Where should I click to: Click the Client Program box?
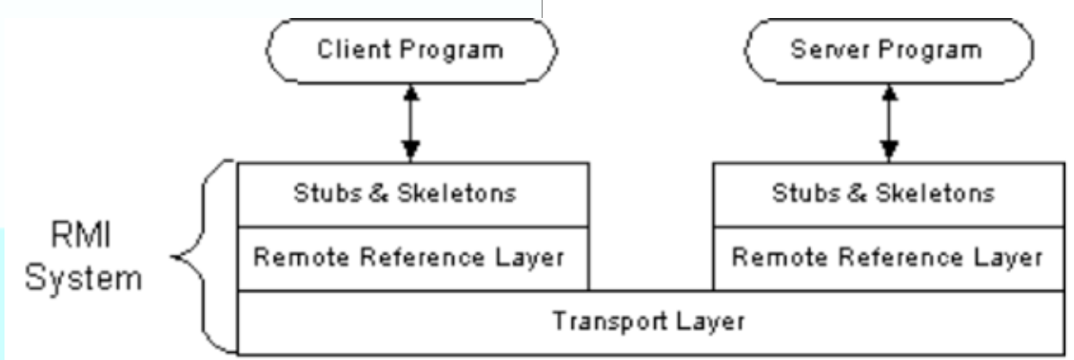(x=411, y=50)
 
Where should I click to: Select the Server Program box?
(x=887, y=50)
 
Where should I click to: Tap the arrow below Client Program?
(x=411, y=121)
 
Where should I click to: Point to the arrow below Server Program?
(x=889, y=121)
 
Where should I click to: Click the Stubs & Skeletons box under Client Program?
(x=411, y=194)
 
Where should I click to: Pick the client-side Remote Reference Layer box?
(x=411, y=258)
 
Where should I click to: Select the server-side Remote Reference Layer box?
(x=887, y=258)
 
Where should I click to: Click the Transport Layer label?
(x=648, y=321)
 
